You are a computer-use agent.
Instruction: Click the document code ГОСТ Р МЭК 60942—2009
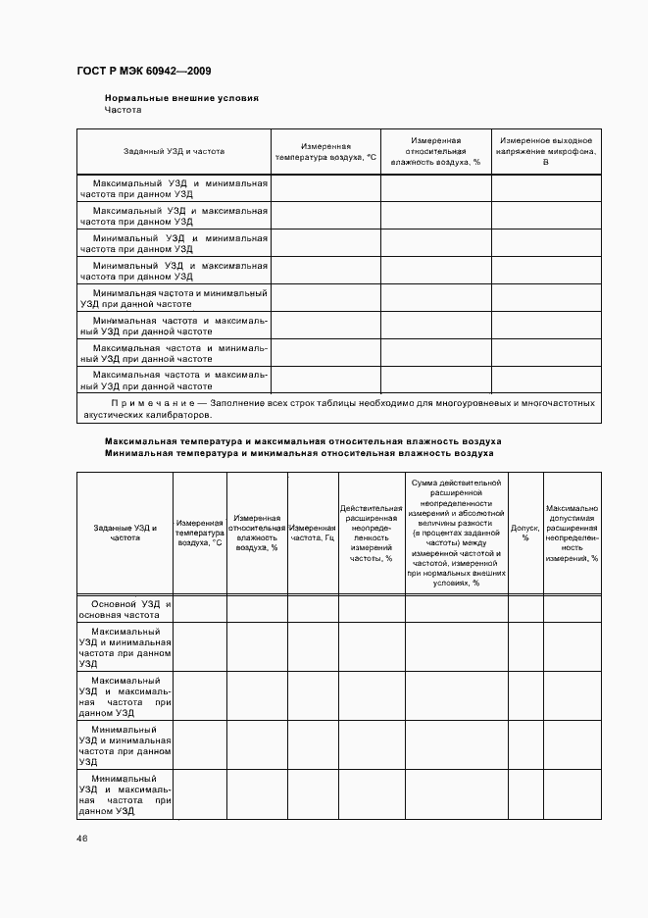click(x=143, y=72)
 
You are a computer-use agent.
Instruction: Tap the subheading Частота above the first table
click(x=124, y=110)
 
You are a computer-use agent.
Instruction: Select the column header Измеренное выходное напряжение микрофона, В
click(x=545, y=151)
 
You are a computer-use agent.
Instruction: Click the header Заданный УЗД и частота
click(x=174, y=152)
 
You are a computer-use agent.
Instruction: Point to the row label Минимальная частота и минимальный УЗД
click(x=174, y=298)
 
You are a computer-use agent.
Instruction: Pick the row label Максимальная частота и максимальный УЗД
click(x=174, y=380)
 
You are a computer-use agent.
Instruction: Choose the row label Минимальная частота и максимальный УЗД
click(x=174, y=326)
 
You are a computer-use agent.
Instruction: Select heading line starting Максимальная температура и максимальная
click(x=303, y=441)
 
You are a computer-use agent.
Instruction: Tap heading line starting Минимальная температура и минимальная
click(x=299, y=454)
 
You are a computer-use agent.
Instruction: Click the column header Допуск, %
click(x=525, y=533)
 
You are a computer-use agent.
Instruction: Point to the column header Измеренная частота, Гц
click(x=313, y=533)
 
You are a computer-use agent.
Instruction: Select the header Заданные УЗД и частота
click(x=125, y=533)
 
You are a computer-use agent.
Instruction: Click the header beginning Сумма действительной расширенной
click(x=457, y=533)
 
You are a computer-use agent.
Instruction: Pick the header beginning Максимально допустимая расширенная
click(x=572, y=533)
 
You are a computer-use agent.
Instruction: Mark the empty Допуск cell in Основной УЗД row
click(x=525, y=609)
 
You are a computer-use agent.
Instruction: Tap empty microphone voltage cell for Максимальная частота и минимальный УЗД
click(x=546, y=353)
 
